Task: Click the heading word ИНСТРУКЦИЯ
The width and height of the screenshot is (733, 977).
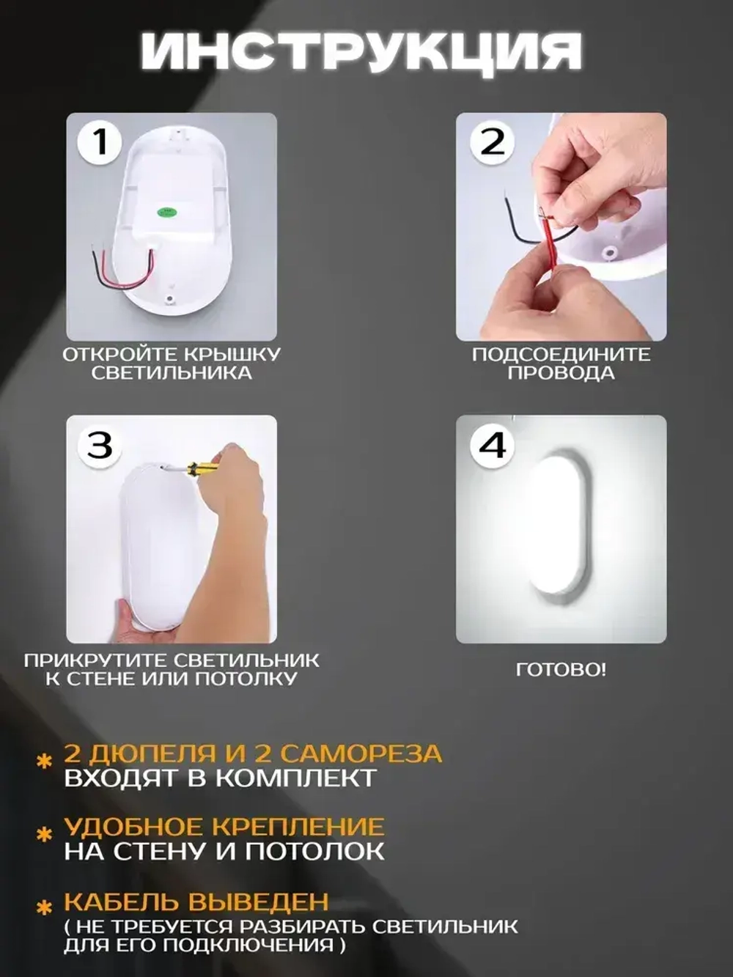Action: [361, 57]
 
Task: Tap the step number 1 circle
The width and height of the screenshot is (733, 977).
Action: [100, 142]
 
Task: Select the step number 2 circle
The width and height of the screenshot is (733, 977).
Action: [493, 142]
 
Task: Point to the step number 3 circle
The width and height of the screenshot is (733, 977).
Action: [100, 445]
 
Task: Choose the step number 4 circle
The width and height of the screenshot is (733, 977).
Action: [493, 445]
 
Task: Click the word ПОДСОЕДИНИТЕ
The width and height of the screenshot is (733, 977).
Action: [561, 355]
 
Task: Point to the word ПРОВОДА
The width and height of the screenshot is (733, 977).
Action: [561, 373]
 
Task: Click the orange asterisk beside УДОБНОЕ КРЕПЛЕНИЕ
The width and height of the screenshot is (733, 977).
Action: [44, 835]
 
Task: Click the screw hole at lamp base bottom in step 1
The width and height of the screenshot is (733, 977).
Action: [169, 300]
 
